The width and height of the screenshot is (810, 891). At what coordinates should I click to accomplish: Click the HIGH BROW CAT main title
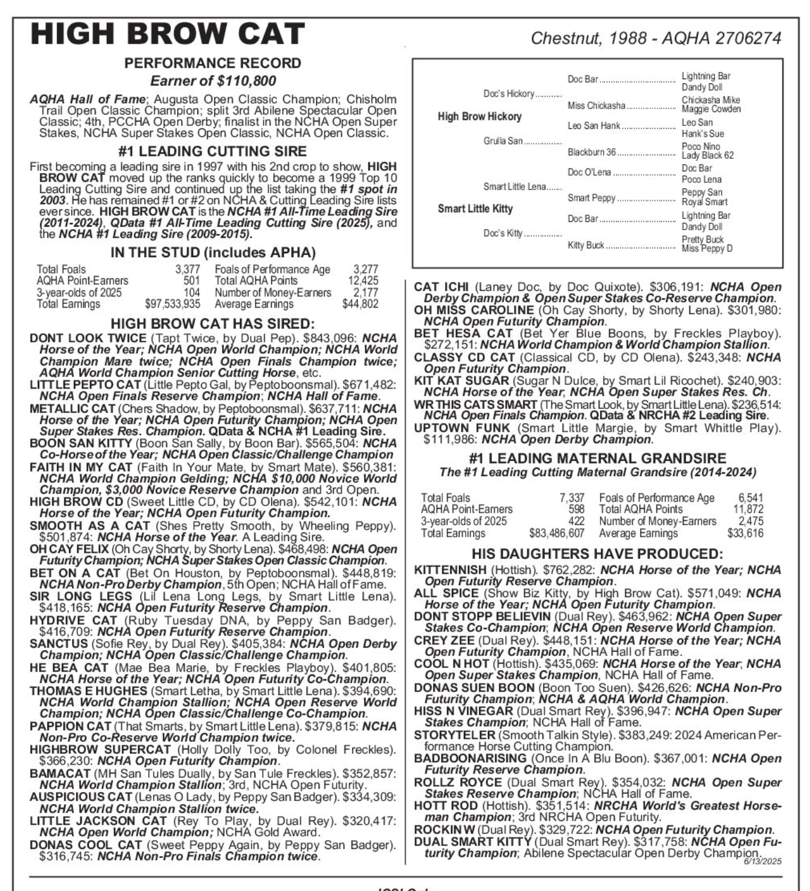coord(168,34)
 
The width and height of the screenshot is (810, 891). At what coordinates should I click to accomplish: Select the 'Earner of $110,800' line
coord(213,81)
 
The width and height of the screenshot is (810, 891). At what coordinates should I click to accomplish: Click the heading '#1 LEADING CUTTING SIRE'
coord(213,151)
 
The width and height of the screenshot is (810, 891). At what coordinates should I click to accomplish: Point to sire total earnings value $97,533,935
coord(173,304)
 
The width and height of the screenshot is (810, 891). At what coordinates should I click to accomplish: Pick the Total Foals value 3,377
coord(187,270)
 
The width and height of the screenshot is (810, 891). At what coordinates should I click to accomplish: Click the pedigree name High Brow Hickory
coord(479,116)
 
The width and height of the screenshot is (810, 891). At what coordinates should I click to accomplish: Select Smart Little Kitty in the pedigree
coord(475,209)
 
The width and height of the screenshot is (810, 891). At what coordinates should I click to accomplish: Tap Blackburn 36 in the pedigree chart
coord(592,152)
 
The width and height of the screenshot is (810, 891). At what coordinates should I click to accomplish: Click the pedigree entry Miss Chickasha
coord(596,106)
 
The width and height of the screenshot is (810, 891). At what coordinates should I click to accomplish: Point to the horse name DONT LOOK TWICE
coord(88,338)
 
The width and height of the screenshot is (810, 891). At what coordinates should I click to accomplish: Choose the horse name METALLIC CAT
coord(72,408)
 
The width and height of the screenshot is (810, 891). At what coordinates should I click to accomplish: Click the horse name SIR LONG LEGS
coord(80,596)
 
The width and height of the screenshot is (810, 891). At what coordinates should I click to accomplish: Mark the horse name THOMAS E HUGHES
coord(88,691)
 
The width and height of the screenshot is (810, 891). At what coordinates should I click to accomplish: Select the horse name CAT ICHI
coord(441,287)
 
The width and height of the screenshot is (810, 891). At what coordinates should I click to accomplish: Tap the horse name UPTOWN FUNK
coord(461,428)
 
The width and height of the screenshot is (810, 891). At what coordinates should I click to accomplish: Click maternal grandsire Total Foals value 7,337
coord(572,498)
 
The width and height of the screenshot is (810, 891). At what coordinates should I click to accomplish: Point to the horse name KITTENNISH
coord(450,570)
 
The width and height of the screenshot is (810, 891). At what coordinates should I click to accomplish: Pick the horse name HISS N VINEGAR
coord(463,711)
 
